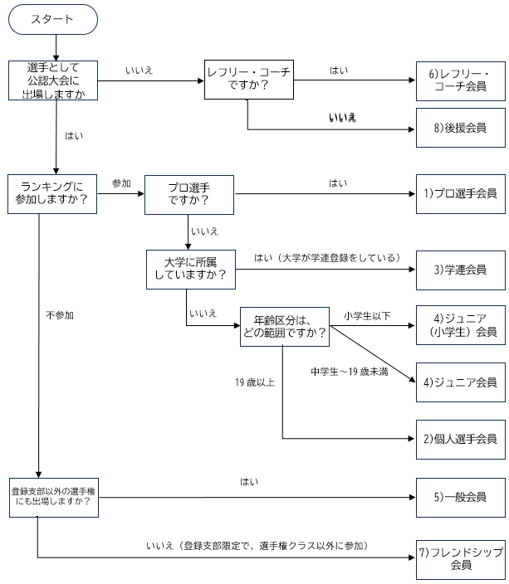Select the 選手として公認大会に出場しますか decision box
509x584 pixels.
click(56, 80)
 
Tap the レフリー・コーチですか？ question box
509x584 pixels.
click(247, 80)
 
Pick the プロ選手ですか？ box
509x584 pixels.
click(188, 193)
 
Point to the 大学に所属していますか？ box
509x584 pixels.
click(189, 270)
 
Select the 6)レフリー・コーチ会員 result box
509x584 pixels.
click(459, 80)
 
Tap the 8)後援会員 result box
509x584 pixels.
click(459, 128)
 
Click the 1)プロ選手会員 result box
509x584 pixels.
click(459, 193)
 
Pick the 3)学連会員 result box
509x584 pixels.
click(459, 270)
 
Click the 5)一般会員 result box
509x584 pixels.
click(459, 496)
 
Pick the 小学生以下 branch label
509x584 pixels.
click(366, 315)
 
